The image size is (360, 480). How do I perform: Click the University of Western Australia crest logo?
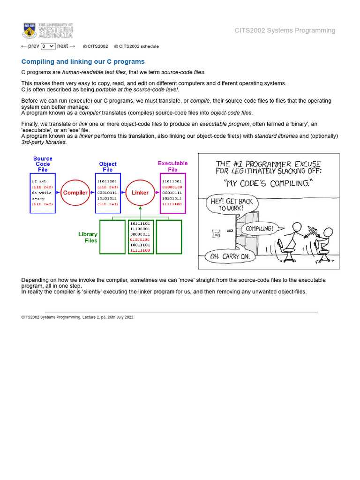pos(30,30)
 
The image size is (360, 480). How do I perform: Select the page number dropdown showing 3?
pos(48,46)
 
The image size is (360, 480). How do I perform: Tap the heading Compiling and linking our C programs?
pos(83,62)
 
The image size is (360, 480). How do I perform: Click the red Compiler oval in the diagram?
pos(75,193)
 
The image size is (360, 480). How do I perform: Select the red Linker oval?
pos(140,193)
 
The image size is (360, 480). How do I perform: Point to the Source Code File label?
pos(43,164)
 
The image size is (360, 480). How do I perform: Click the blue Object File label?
pos(108,167)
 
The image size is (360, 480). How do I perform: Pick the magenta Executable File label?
pos(172,166)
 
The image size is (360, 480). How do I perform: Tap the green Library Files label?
pos(88,237)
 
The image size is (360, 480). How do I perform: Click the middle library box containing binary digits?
pos(141,237)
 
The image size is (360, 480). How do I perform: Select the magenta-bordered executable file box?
pos(173,193)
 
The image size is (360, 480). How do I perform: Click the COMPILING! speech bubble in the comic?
pos(259,229)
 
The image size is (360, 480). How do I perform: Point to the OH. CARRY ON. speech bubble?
pos(230,256)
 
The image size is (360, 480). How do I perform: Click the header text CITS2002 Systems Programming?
pos(285,30)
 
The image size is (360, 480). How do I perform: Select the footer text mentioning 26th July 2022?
pos(78,317)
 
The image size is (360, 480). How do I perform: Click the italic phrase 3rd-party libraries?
pos(44,142)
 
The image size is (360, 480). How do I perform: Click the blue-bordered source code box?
pos(43,193)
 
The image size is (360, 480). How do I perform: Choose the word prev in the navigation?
pos(33,46)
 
